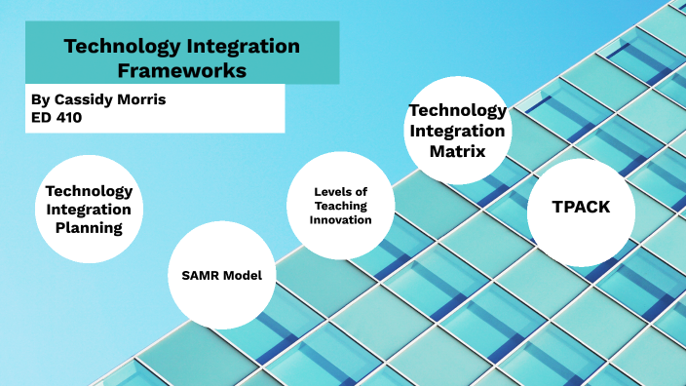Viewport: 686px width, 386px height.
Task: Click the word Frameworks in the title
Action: pyautogui.click(x=182, y=70)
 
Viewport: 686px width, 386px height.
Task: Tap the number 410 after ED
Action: pyautogui.click(x=69, y=117)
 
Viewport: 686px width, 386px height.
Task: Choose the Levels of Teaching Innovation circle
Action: pyautogui.click(x=341, y=206)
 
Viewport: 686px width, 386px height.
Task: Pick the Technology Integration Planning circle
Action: pyautogui.click(x=89, y=209)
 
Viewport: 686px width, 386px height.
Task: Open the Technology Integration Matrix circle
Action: pyautogui.click(x=457, y=132)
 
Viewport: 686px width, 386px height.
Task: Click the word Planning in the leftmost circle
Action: pyautogui.click(x=89, y=228)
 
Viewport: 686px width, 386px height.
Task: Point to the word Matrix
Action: pyautogui.click(x=457, y=151)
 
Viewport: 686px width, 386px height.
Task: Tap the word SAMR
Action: pyautogui.click(x=201, y=275)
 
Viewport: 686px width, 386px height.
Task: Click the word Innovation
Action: pyautogui.click(x=341, y=220)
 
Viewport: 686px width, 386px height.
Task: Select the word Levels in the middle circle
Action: pyautogui.click(x=333, y=190)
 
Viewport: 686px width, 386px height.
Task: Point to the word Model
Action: pyautogui.click(x=244, y=275)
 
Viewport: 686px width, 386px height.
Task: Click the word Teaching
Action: pyautogui.click(x=341, y=206)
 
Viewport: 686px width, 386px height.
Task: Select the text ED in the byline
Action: pyautogui.click(x=41, y=117)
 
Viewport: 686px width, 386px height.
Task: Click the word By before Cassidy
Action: pyautogui.click(x=39, y=99)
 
